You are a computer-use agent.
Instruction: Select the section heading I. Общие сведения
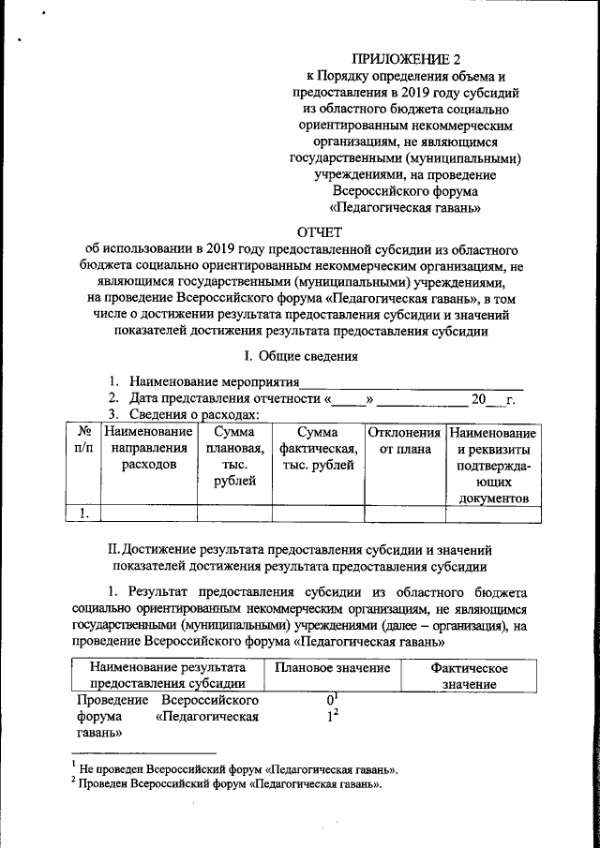300,356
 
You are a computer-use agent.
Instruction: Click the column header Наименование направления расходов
148,449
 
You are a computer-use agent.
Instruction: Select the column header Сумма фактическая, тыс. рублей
317,449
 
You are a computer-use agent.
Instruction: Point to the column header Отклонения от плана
405,441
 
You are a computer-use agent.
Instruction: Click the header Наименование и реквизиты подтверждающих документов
492,466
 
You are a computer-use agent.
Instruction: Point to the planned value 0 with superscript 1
332,700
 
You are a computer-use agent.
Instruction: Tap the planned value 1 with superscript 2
332,717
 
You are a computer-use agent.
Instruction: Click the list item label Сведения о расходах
194,415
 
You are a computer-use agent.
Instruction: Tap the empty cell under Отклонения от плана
405,512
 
